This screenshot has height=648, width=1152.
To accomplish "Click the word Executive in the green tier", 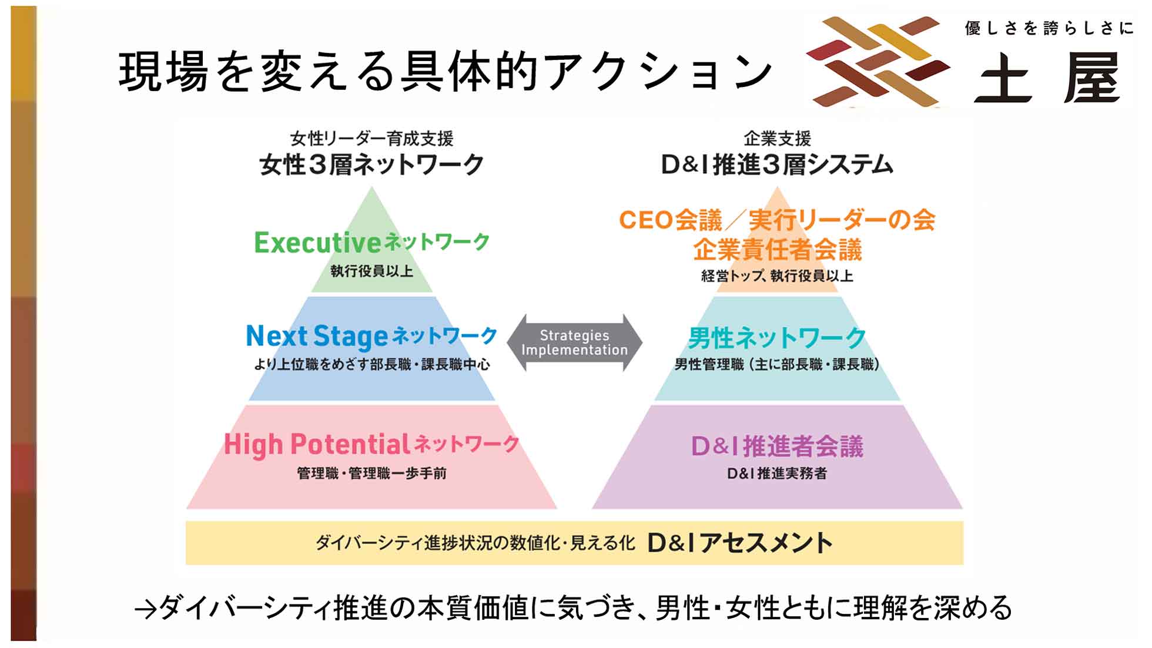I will (x=317, y=242).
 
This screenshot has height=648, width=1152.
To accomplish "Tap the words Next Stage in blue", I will (x=316, y=337).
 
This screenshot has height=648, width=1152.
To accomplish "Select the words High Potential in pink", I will (x=316, y=445).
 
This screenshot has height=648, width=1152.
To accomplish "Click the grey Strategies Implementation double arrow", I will (x=574, y=343).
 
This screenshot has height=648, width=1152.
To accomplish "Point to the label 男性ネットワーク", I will (x=777, y=338).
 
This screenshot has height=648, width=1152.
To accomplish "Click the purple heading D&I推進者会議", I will (x=777, y=446).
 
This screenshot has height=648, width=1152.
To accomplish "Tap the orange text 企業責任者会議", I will (x=777, y=250).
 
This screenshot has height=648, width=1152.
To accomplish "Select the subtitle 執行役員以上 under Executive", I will (x=371, y=271).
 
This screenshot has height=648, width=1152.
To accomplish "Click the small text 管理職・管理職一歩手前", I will (x=371, y=473).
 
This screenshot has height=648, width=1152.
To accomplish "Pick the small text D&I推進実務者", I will (x=777, y=473).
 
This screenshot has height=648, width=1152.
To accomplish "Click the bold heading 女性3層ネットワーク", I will (x=371, y=164).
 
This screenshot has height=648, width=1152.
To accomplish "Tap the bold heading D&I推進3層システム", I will (x=777, y=164).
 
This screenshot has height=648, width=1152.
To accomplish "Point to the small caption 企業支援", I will (x=777, y=139).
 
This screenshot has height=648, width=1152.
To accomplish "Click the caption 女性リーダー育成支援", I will (x=371, y=139).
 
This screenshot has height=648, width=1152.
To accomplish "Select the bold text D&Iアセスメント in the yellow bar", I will (x=739, y=543).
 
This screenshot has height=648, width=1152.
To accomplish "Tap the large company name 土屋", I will (x=1046, y=78).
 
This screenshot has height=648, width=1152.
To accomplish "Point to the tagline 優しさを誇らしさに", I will (x=1049, y=28).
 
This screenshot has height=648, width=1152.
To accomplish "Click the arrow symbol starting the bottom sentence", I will (x=145, y=610).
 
